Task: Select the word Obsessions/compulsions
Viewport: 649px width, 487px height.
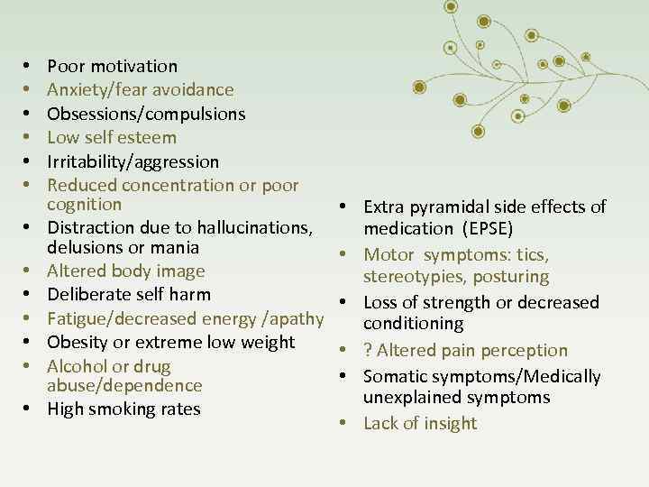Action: pyautogui.click(x=146, y=115)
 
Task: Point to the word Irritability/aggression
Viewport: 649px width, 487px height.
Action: pyautogui.click(x=133, y=162)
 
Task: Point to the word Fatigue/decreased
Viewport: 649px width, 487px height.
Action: pyautogui.click(x=119, y=318)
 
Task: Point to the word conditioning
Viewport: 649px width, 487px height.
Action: pyautogui.click(x=414, y=323)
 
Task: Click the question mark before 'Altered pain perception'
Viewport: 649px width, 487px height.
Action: pyautogui.click(x=368, y=350)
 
